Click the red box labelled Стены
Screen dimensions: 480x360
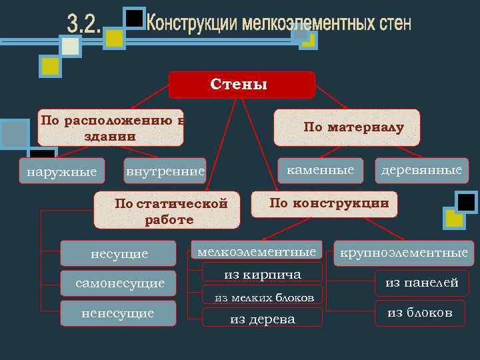pos(241,85)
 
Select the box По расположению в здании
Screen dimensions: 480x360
pos(111,127)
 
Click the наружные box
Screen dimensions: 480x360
pos(61,172)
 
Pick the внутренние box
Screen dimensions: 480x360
pos(165,172)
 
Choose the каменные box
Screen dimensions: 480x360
pos(320,170)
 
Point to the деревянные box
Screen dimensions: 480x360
pos(421,170)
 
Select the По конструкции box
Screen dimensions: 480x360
pos(324,204)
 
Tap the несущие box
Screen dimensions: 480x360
pos(119,253)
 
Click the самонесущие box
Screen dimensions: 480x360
pos(119,283)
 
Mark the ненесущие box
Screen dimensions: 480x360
pos(118,313)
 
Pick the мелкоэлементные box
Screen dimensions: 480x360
pos(257,252)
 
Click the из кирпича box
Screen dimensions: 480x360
pos(262,273)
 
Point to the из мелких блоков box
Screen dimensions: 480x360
pos(262,297)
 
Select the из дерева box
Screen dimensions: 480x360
pos(262,319)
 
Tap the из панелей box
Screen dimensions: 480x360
pos(422,283)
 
